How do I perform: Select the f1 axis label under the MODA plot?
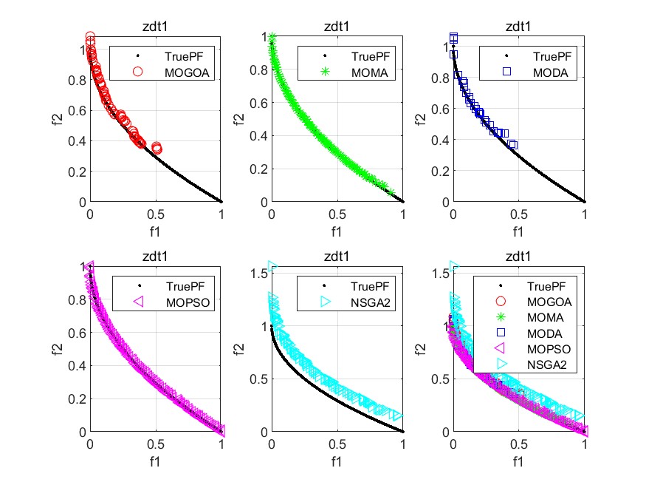[518, 231]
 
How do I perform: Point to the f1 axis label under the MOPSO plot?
[156, 461]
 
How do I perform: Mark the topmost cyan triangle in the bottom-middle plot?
[272, 267]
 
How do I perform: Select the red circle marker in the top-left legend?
[137, 72]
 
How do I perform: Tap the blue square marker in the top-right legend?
[506, 72]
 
